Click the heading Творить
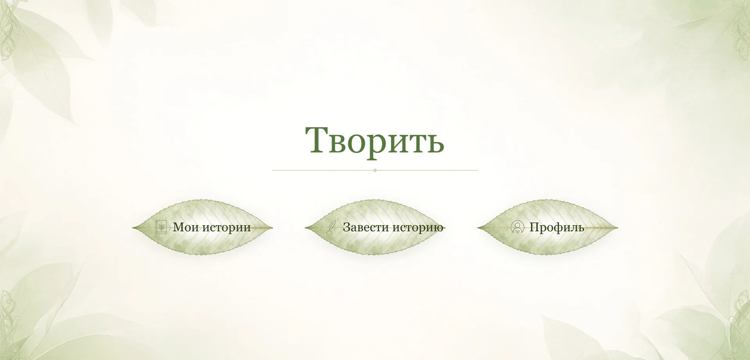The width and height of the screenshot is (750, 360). pyautogui.click(x=375, y=141)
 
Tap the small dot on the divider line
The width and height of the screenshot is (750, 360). pyautogui.click(x=375, y=170)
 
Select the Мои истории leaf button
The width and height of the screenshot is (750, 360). pyautogui.click(x=203, y=227)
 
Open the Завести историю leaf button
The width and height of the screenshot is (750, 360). pyautogui.click(x=375, y=227)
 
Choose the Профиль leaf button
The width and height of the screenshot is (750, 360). pyautogui.click(x=548, y=227)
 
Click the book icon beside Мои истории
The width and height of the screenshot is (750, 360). pyautogui.click(x=161, y=227)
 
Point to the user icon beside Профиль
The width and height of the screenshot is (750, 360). pyautogui.click(x=518, y=227)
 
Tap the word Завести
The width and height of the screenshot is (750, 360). pyautogui.click(x=366, y=227)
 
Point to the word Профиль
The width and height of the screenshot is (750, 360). pyautogui.click(x=557, y=227)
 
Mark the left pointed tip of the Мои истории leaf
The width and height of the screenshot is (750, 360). pyautogui.click(x=133, y=227)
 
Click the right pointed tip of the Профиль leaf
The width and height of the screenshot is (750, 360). pyautogui.click(x=618, y=227)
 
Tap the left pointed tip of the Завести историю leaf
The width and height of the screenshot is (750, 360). pyautogui.click(x=305, y=227)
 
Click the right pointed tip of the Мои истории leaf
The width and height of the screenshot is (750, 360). pyautogui.click(x=273, y=227)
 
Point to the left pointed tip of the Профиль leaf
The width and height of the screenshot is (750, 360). pyautogui.click(x=478, y=227)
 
